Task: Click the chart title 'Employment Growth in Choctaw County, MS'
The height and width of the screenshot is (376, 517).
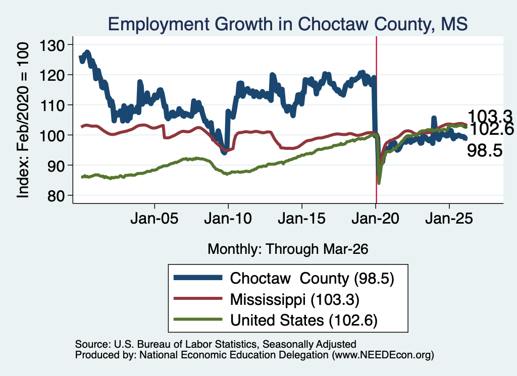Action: pyautogui.click(x=287, y=24)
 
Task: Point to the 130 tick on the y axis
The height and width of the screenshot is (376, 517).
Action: pyautogui.click(x=52, y=45)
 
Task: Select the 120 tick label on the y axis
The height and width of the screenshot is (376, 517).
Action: pyautogui.click(x=52, y=75)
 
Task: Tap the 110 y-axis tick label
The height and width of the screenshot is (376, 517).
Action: pyautogui.click(x=52, y=105)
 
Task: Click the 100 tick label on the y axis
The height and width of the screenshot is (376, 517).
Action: pyautogui.click(x=52, y=135)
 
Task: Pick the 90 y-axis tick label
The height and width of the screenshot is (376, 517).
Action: pyautogui.click(x=56, y=166)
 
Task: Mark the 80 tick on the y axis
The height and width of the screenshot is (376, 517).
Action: pyautogui.click(x=56, y=196)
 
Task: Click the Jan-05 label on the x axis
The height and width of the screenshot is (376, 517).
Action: pyautogui.click(x=154, y=219)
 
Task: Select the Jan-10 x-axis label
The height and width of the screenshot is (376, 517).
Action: pyautogui.click(x=228, y=219)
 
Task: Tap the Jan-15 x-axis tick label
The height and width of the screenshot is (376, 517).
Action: pyautogui.click(x=302, y=219)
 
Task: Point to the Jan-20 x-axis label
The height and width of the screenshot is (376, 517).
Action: pyautogui.click(x=376, y=219)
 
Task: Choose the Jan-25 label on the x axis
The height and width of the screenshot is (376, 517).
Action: pyautogui.click(x=449, y=219)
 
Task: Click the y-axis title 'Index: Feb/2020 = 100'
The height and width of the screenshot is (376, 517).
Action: pyautogui.click(x=23, y=120)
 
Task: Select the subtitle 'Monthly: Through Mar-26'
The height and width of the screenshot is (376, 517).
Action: pyautogui.click(x=288, y=249)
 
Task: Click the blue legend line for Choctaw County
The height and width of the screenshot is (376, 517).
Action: pyautogui.click(x=198, y=278)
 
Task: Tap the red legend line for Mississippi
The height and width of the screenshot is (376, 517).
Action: pyautogui.click(x=198, y=298)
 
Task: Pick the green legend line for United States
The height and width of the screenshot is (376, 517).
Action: pyautogui.click(x=198, y=319)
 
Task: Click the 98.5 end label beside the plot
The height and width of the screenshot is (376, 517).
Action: pyautogui.click(x=485, y=151)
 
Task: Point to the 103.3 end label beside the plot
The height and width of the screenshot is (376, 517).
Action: pyautogui.click(x=490, y=117)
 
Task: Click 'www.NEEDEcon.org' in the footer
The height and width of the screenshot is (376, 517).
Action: pyautogui.click(x=383, y=355)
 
